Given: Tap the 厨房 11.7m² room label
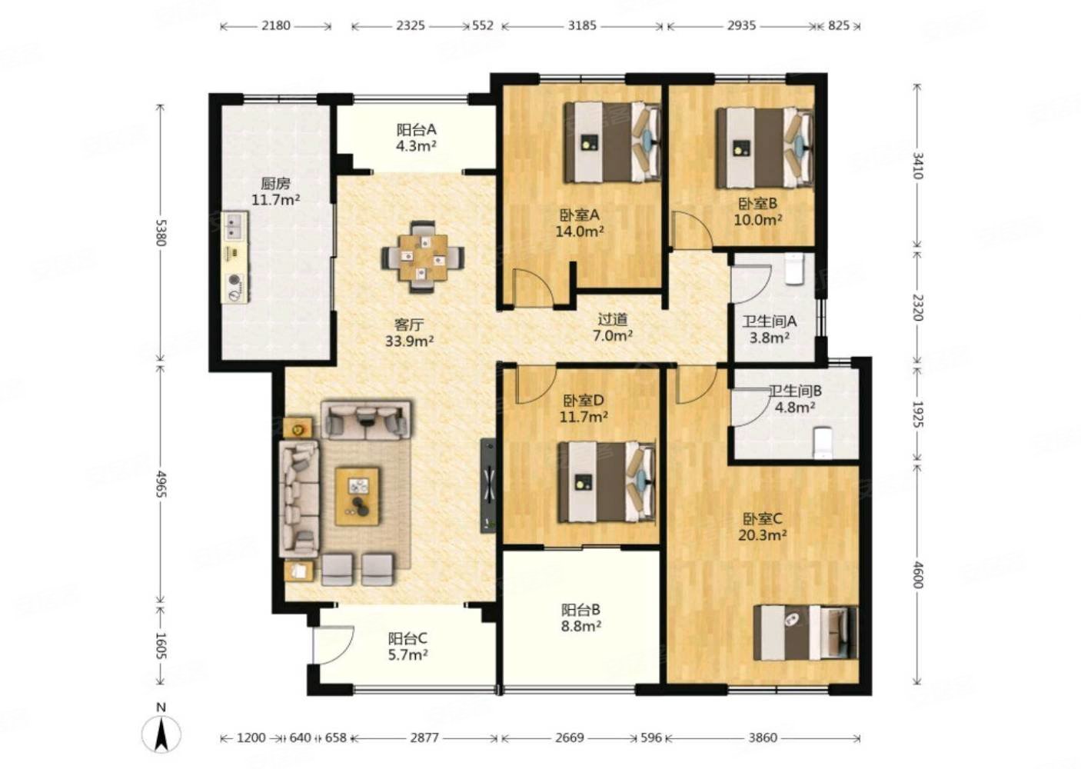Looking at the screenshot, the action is point(275,191).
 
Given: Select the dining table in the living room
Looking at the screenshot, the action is point(423,257).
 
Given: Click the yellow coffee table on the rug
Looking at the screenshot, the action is point(358,496).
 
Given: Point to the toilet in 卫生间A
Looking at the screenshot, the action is point(794,269).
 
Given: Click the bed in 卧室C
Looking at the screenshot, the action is point(806,632).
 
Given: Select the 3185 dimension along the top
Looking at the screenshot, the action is point(582,25).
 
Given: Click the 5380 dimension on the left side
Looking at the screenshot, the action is point(161,233).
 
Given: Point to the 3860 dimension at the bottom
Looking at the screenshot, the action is point(763,737).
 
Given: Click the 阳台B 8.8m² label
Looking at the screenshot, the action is point(581,618).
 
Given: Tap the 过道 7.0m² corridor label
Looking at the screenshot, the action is point(613,327).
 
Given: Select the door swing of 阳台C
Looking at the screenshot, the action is point(334,645).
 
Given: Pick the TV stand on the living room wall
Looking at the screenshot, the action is point(488,485).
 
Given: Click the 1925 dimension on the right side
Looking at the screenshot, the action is point(917,414).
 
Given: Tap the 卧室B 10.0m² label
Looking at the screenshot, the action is point(757,211).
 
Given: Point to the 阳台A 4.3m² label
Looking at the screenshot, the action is point(417,138).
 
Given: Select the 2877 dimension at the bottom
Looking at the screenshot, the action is point(424,737).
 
